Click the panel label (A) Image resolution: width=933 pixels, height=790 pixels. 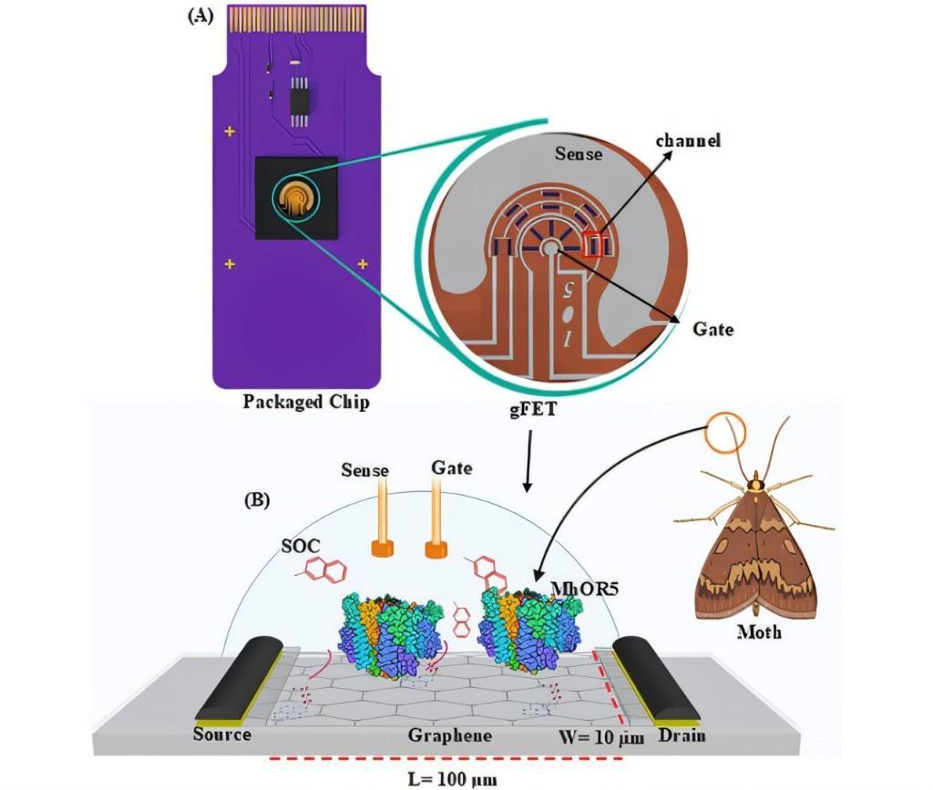coord(200,16)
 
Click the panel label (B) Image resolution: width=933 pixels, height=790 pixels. coord(257,499)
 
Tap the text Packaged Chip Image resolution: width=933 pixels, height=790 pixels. coord(306,402)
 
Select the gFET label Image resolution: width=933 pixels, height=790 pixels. coord(532,410)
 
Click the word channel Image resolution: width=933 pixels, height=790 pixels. coord(688,140)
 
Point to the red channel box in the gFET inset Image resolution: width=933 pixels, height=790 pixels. coord(594,244)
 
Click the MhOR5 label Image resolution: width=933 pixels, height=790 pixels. coord(585,589)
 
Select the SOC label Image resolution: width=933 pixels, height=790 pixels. coord(301,546)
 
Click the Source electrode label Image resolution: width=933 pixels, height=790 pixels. coord(222,734)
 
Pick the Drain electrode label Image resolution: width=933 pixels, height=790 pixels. coord(682,736)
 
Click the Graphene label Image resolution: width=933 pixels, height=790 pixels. coord(450,736)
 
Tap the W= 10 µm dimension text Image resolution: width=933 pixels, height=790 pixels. coord(601,738)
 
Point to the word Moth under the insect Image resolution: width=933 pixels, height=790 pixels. coord(759,631)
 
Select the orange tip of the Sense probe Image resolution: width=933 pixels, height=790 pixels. coord(382,549)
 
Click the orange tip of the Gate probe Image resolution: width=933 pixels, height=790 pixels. coord(436,549)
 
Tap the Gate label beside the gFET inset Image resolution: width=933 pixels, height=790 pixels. coord(713,329)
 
